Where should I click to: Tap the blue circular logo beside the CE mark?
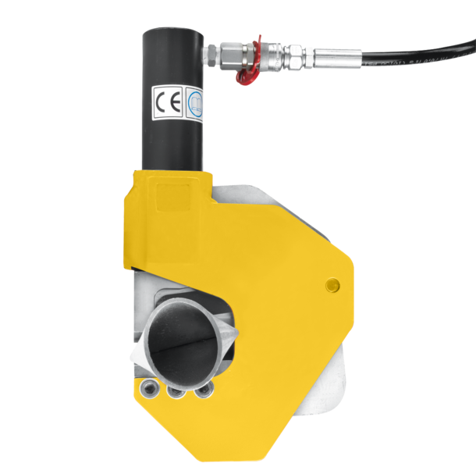tap(191, 102)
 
